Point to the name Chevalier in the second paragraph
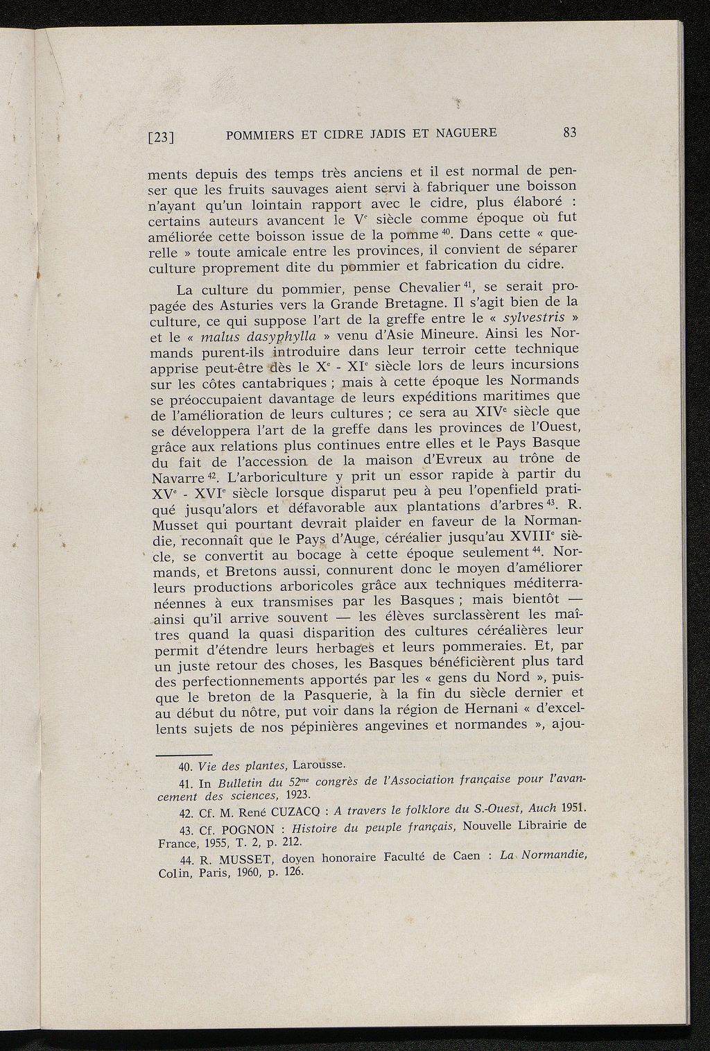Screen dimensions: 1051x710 tap(431, 287)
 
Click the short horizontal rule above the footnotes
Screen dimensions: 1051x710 tap(182, 755)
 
